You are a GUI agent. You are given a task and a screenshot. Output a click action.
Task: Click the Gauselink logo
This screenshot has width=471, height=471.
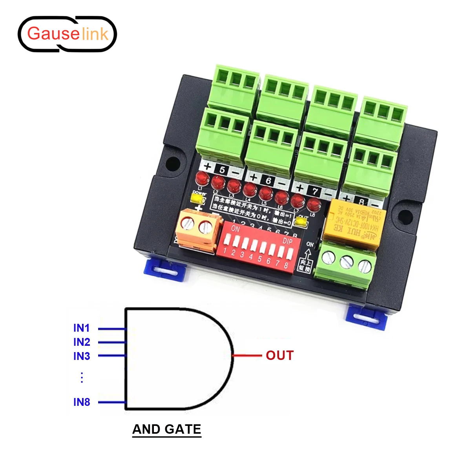coord(68,34)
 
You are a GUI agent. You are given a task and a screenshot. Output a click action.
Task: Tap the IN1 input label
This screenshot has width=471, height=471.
coord(82,328)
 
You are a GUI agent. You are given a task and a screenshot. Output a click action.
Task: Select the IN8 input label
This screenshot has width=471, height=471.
coord(82,402)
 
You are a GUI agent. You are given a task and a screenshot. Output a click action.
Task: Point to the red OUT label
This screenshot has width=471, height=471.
coord(279,356)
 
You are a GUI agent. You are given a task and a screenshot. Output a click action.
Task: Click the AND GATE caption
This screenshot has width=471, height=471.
coord(167,429)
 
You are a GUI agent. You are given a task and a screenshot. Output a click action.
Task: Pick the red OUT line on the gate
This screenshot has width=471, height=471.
coord(247,356)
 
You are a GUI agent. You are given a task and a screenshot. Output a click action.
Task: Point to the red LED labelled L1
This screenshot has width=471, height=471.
coord(203,179)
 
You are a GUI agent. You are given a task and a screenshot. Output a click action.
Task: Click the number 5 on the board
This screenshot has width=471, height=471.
coord(223,170)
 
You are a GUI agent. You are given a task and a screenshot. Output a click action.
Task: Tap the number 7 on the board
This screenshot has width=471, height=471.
coord(315,191)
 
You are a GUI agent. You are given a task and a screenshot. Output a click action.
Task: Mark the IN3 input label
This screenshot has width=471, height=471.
coord(82,356)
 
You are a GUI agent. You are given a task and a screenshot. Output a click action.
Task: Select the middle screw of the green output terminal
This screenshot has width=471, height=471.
coord(347,262)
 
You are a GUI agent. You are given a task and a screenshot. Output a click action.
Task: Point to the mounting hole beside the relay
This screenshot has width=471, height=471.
coord(405,215)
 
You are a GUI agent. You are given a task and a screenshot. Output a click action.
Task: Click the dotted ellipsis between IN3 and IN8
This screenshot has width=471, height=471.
coord(82,378)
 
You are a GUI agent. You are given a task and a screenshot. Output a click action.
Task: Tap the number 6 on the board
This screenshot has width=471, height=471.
coord(268,181)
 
